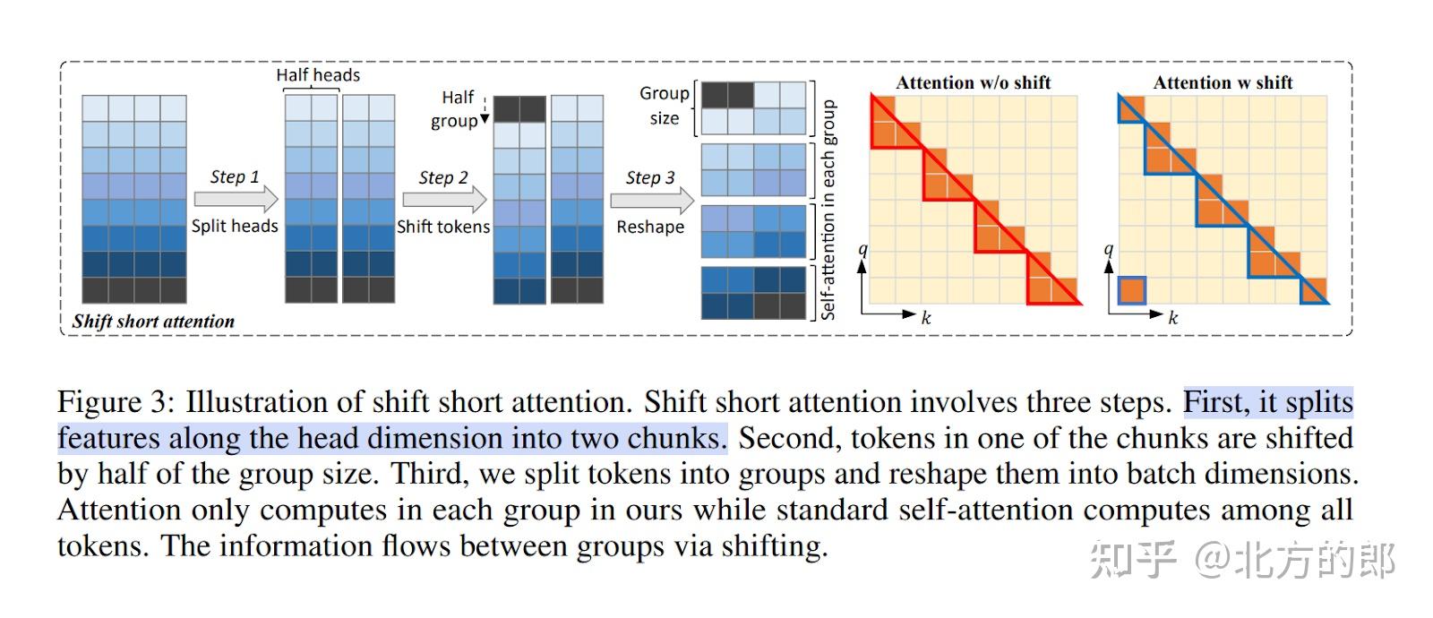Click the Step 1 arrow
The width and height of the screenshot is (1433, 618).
pyautogui.click(x=236, y=198)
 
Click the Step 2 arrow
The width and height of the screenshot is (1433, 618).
pyautogui.click(x=444, y=198)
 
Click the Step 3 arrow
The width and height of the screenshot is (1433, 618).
pyautogui.click(x=651, y=199)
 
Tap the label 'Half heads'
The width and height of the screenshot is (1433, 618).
pyautogui.click(x=318, y=75)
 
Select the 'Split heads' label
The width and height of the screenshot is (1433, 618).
pyautogui.click(x=235, y=226)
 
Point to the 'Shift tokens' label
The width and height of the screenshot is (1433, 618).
pyautogui.click(x=443, y=227)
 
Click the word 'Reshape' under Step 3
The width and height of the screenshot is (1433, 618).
pyautogui.click(x=650, y=227)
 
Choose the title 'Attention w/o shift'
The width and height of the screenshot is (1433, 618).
pyautogui.click(x=974, y=82)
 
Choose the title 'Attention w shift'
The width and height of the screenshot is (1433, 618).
pyautogui.click(x=1223, y=82)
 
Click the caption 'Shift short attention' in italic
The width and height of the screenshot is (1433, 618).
pyautogui.click(x=153, y=322)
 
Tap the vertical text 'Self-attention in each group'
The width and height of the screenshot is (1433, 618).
pyautogui.click(x=828, y=210)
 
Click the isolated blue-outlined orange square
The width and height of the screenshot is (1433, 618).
pyautogui.click(x=1132, y=291)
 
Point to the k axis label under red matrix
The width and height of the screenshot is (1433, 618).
pyautogui.click(x=926, y=317)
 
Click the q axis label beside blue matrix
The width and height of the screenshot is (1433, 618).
pyautogui.click(x=1109, y=250)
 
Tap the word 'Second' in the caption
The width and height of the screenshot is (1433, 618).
pyautogui.click(x=788, y=439)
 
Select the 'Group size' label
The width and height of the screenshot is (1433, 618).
pyautogui.click(x=665, y=106)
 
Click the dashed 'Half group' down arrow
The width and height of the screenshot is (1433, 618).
pyautogui.click(x=485, y=111)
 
